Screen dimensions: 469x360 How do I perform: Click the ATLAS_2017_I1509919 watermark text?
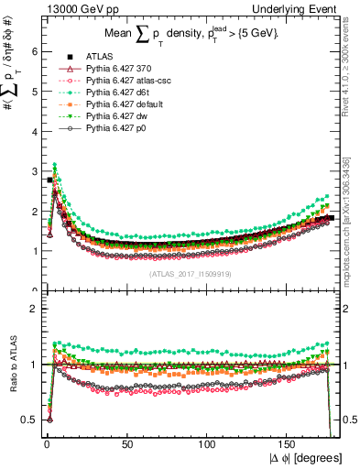pos(188,272)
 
